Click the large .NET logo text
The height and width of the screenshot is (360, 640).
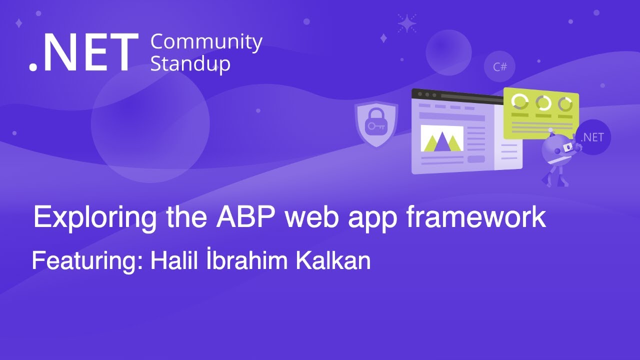83,53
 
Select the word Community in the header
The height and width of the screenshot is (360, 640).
206,42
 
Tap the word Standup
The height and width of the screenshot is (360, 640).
190,64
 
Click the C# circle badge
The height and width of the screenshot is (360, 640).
499,66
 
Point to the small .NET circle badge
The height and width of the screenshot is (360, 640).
592,137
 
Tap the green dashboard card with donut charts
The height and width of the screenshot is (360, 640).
541,114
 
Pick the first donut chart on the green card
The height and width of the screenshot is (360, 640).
520,102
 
